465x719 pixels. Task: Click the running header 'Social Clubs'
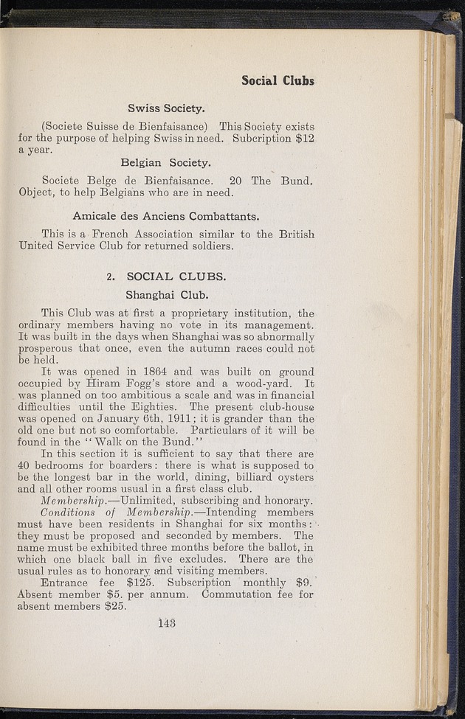[x=278, y=80]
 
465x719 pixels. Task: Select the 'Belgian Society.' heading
[x=165, y=161]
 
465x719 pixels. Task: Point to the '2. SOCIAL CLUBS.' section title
[x=166, y=277]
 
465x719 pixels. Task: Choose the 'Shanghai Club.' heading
[x=166, y=296]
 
